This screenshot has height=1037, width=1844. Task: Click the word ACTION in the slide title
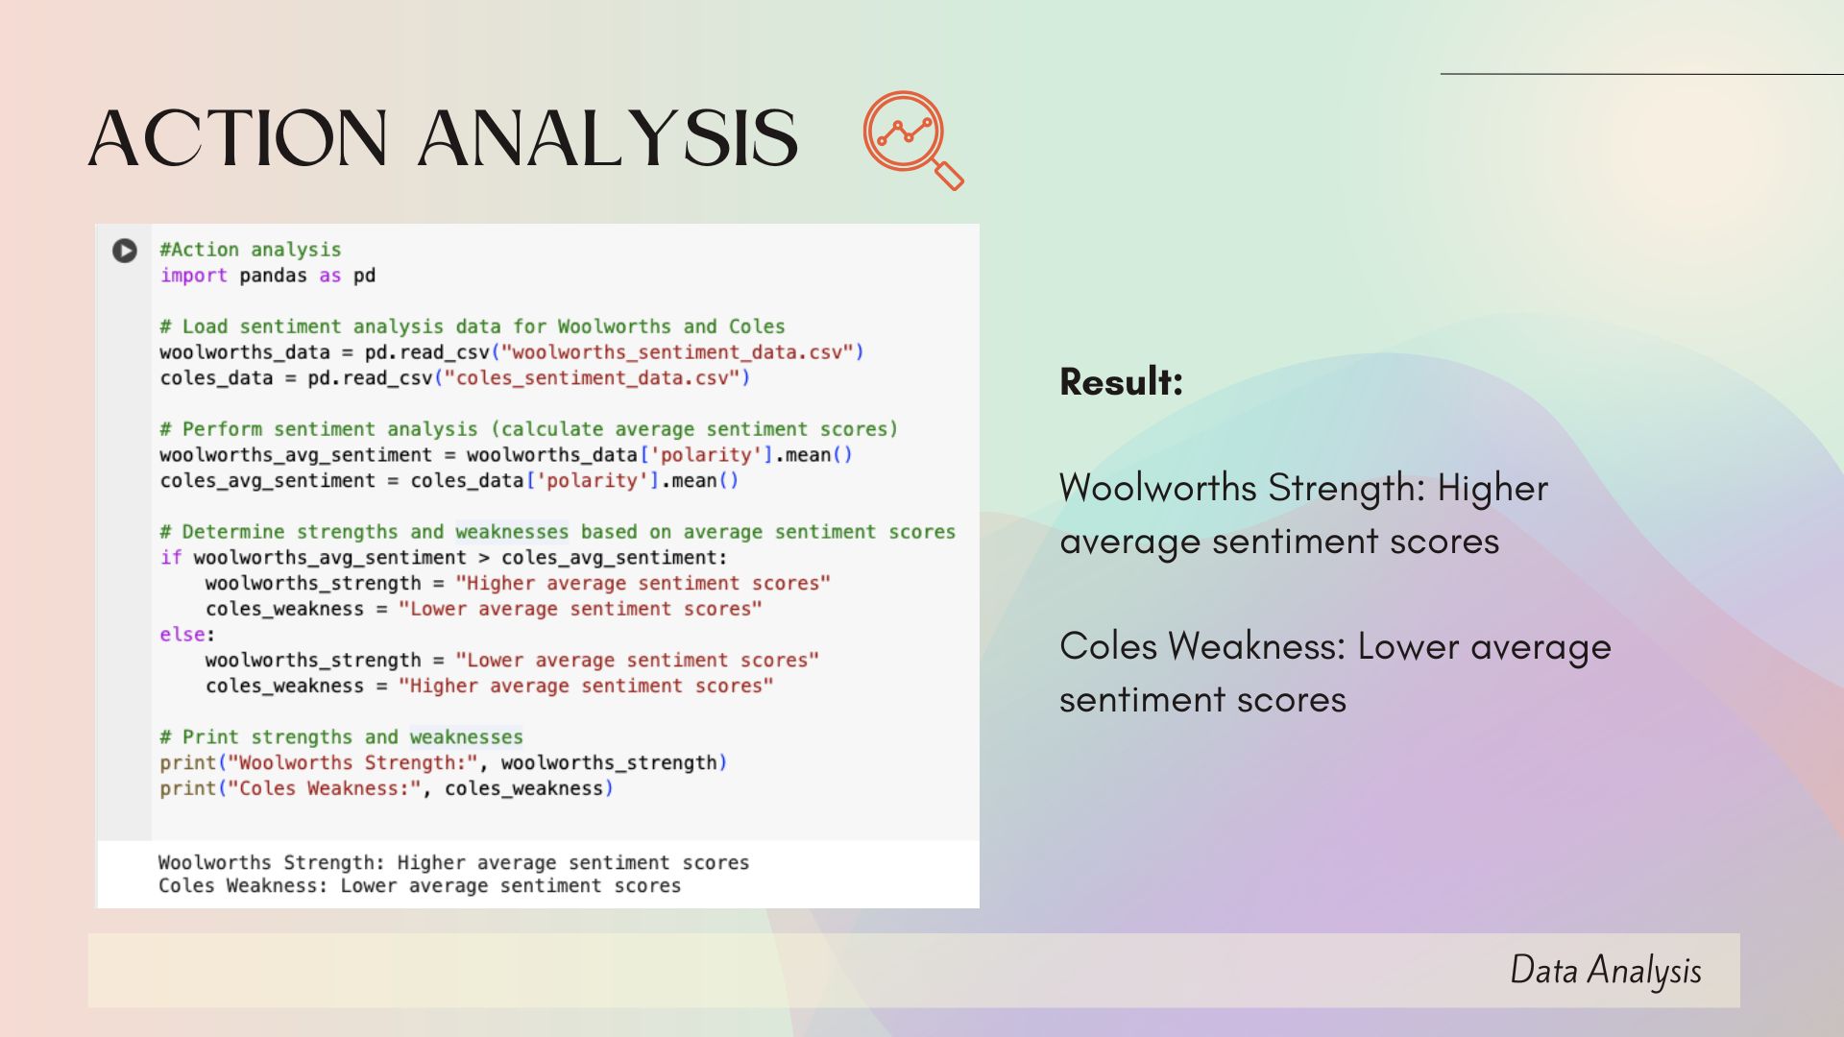coord(238,137)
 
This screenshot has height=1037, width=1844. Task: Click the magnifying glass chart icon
coord(912,139)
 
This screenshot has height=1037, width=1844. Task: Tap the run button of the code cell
coord(125,251)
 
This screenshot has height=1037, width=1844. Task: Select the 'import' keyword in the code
coord(194,276)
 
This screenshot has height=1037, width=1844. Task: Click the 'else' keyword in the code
coord(182,635)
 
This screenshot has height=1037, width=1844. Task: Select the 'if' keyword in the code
coord(171,558)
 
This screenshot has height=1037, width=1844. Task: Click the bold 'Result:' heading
coord(1121,382)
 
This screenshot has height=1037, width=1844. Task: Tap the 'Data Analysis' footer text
coord(1606,971)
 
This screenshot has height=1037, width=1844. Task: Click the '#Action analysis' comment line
coord(251,250)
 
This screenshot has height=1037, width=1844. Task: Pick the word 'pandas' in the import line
coord(274,276)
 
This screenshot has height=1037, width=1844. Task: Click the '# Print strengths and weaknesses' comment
coord(342,737)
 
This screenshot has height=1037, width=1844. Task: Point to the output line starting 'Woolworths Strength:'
coord(453,863)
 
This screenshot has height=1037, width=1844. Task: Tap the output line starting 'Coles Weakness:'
coord(420,886)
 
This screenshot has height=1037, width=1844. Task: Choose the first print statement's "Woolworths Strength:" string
coord(352,763)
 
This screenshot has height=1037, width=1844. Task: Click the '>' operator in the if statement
coord(483,558)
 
